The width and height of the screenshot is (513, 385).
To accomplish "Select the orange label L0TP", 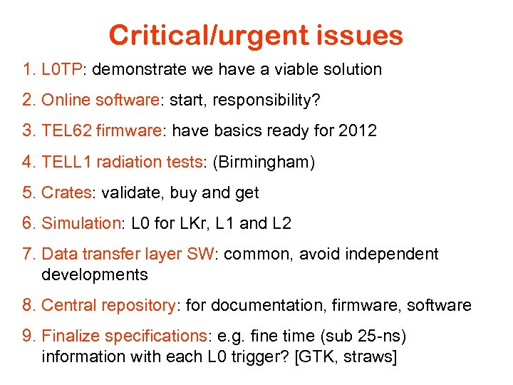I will click(x=62, y=70).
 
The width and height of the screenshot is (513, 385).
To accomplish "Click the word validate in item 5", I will click(x=133, y=192).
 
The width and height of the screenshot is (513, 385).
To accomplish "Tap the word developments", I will click(x=95, y=274).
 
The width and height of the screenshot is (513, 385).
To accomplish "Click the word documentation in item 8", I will click(x=263, y=306).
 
